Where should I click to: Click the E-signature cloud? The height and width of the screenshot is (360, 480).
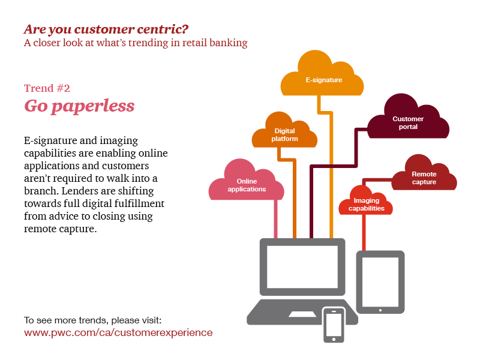[323, 77]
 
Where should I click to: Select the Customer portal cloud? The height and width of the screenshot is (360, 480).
[408, 122]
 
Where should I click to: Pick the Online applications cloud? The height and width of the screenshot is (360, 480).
[247, 184]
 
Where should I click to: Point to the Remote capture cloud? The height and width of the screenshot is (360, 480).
[424, 176]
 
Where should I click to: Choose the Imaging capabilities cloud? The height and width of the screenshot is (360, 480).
[366, 204]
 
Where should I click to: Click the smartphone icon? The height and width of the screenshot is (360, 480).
[334, 324]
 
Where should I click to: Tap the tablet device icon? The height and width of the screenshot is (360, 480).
[380, 281]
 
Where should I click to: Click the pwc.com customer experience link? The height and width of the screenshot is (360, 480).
[118, 332]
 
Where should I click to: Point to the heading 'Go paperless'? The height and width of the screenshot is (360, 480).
[79, 106]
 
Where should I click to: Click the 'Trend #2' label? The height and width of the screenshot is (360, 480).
[47, 88]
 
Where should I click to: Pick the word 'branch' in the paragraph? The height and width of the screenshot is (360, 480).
[41, 191]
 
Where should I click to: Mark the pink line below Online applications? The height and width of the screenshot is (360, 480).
[276, 219]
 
